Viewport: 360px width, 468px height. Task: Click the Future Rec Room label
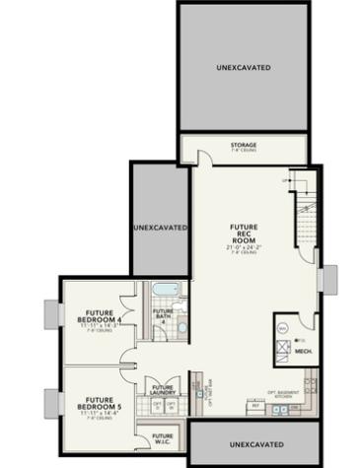pyautogui.click(x=244, y=234)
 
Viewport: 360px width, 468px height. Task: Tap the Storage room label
pyautogui.click(x=244, y=146)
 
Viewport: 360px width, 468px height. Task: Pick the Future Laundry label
pyautogui.click(x=163, y=391)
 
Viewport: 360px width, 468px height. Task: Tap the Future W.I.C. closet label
pyautogui.click(x=163, y=436)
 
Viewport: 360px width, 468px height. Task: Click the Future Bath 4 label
pyautogui.click(x=163, y=318)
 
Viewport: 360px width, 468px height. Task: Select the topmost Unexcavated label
pyautogui.click(x=244, y=68)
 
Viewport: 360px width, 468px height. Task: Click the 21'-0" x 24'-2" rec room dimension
pyautogui.click(x=244, y=247)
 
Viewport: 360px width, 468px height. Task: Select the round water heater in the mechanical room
pyautogui.click(x=282, y=327)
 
